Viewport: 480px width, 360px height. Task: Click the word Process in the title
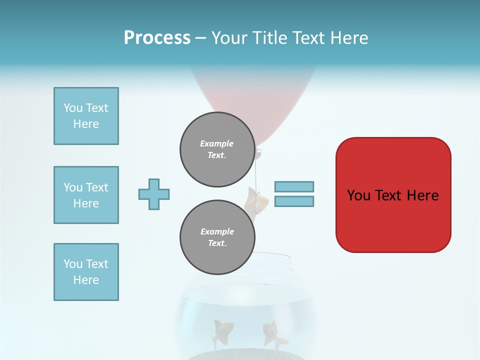click(x=157, y=38)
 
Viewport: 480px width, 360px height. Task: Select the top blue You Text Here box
click(x=86, y=116)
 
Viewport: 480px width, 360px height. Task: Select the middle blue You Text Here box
click(x=86, y=195)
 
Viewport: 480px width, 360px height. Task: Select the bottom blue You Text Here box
click(x=86, y=272)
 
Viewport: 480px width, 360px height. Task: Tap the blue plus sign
click(x=154, y=194)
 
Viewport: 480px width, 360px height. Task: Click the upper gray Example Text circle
click(x=217, y=149)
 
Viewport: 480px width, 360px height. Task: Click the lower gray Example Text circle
click(x=217, y=237)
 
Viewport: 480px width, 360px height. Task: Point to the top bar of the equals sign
click(x=294, y=186)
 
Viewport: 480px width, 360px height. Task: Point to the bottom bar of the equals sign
click(x=294, y=201)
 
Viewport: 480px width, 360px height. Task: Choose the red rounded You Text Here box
click(x=393, y=195)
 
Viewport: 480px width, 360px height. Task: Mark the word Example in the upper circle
click(x=217, y=143)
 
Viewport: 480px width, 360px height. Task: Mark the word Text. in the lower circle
click(x=217, y=243)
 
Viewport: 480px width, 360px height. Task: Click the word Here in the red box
click(x=423, y=195)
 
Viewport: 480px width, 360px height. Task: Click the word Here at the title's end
click(x=348, y=38)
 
